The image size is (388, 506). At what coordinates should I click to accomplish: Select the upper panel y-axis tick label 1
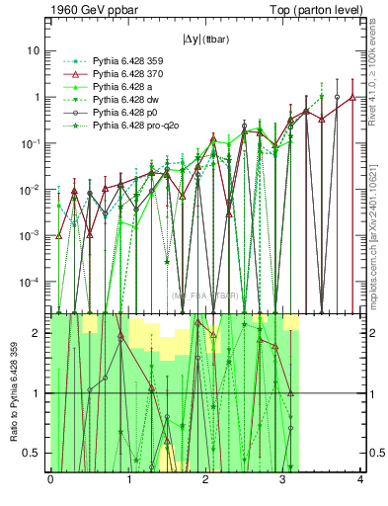click(39, 97)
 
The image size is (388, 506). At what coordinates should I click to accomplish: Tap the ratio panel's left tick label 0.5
click(35, 454)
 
